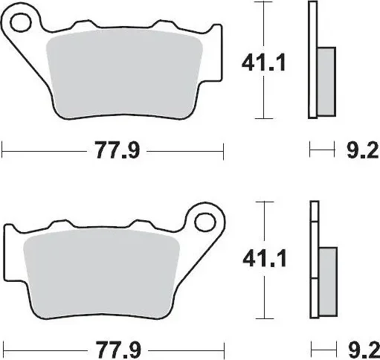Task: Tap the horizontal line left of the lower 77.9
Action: tap(45, 348)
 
